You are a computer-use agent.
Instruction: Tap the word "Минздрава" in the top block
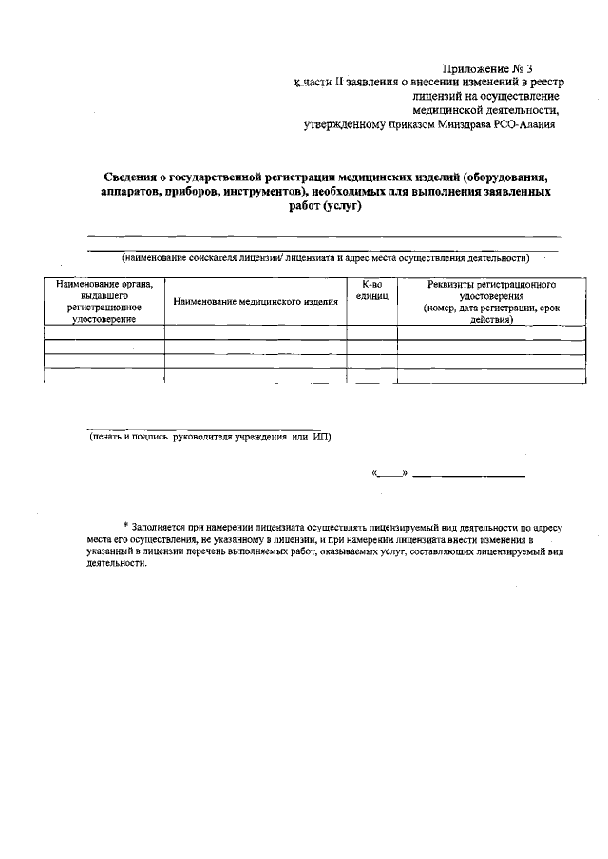(465, 124)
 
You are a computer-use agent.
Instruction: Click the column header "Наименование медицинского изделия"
(256, 302)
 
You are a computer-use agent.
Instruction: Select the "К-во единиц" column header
(371, 290)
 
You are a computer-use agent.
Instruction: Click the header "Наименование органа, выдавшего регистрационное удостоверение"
(104, 302)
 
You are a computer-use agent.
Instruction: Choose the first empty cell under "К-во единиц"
(371, 332)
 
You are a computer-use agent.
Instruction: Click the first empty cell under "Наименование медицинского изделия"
(256, 332)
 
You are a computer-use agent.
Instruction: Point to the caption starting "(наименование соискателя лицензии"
(324, 257)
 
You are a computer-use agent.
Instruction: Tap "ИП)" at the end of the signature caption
(322, 438)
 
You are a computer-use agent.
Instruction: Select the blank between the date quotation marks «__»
(389, 472)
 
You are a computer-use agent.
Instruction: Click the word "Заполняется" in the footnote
(158, 526)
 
